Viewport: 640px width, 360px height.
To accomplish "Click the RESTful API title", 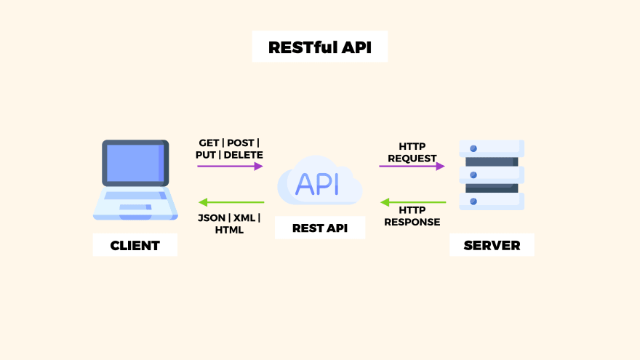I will (319, 47).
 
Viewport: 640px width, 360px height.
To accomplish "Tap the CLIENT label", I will (135, 245).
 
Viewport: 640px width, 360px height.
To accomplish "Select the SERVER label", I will (492, 245).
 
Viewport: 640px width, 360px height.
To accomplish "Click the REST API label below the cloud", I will (319, 228).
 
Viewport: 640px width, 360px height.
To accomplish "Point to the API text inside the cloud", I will (318, 184).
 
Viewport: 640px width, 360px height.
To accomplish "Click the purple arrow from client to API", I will (230, 166).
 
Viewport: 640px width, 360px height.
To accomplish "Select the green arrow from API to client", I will (231, 202).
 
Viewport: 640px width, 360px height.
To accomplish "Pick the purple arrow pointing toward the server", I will (412, 166).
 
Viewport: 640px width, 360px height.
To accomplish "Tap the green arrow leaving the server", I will (412, 202).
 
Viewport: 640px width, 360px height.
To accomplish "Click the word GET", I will (209, 143).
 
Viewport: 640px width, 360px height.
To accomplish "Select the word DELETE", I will (243, 155).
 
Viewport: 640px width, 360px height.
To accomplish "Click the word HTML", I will (229, 230).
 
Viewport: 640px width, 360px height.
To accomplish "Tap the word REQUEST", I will (412, 158).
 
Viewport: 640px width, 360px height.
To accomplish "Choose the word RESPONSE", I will (412, 222).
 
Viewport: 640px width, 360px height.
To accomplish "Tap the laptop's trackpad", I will (135, 208).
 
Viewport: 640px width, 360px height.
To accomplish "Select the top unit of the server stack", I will (492, 148).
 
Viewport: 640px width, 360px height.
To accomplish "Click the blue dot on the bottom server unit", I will (473, 201).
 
